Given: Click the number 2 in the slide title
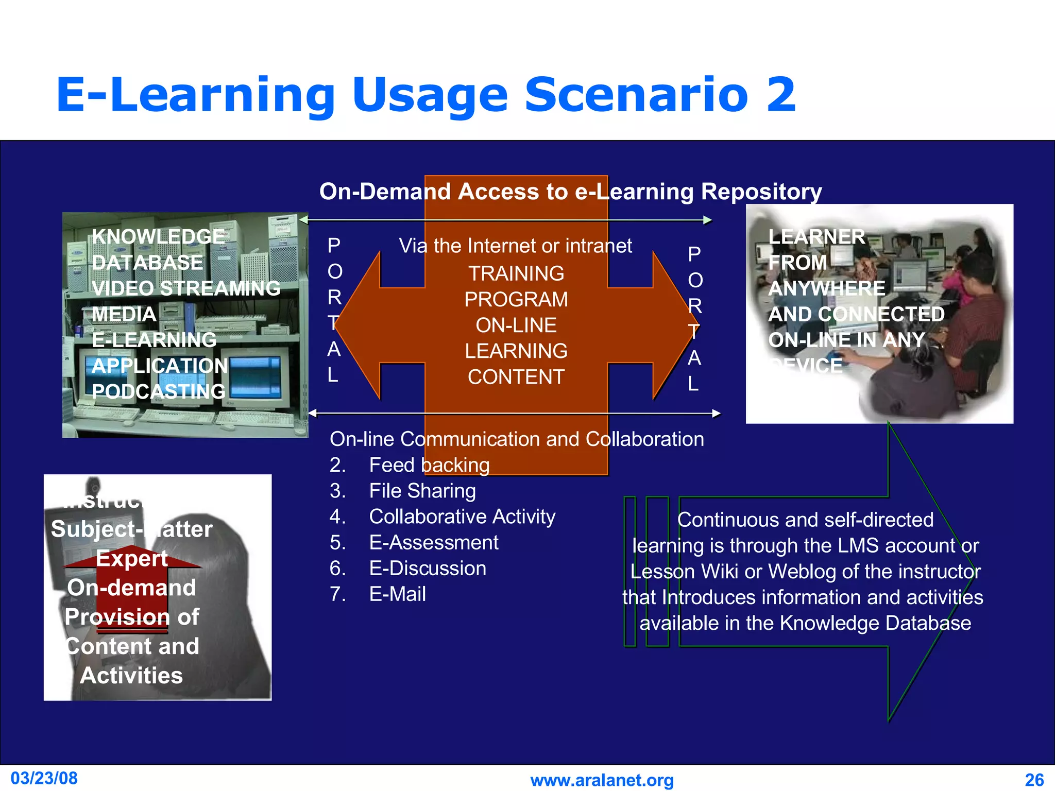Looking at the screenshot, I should pos(780,94).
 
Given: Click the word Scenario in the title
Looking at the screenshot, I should pos(636,94).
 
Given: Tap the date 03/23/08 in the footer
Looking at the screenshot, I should pos(44,778).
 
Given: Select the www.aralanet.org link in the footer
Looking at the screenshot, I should pos(602,780).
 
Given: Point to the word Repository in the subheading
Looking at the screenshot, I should pos(761,192).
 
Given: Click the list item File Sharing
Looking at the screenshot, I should pos(422,491).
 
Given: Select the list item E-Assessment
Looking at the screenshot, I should pos(433,543).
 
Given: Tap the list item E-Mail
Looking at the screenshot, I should pos(397,594).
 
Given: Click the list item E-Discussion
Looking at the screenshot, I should pos(427,569).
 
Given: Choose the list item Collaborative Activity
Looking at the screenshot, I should pos(462,517).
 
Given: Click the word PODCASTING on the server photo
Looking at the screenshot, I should pos(158,391).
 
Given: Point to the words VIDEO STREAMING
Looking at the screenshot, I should pos(186,288).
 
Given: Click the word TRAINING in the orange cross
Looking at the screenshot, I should pos(516,273).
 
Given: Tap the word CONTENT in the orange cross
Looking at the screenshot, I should pos(516,377).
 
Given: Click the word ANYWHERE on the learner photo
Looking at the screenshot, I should pos(826,288).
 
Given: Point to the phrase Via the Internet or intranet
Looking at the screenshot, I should pos(515,246).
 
